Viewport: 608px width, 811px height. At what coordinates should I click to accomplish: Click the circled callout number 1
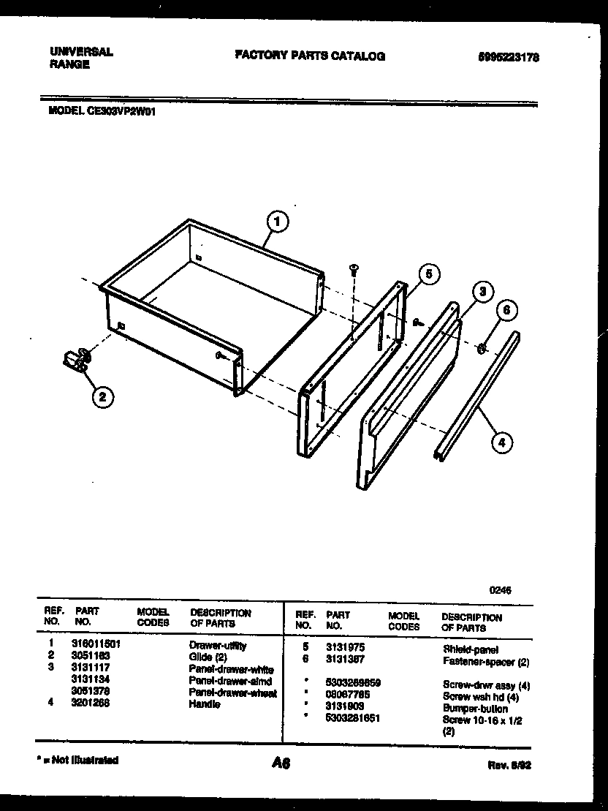(x=276, y=221)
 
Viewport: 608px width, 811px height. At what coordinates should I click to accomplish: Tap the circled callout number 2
(x=102, y=397)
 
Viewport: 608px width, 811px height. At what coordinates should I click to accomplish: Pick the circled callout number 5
(x=429, y=274)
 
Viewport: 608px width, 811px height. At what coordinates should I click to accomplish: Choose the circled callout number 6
(x=506, y=310)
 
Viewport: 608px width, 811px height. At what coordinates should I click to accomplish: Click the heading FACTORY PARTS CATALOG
(x=310, y=56)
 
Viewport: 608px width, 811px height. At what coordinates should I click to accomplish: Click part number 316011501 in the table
(x=96, y=646)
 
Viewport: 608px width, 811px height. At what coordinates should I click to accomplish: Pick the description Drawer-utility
(x=218, y=646)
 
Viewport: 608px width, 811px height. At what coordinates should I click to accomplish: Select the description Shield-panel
(x=471, y=649)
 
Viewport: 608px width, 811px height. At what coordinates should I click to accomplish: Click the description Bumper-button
(x=475, y=709)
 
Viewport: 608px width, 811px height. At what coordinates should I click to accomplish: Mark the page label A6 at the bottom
(x=281, y=763)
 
